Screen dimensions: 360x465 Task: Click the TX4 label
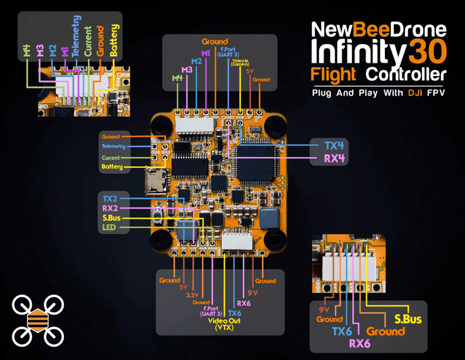(333, 145)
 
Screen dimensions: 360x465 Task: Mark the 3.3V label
(192, 295)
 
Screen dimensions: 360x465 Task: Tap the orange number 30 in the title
(427, 50)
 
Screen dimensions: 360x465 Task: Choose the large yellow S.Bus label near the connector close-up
(408, 319)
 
